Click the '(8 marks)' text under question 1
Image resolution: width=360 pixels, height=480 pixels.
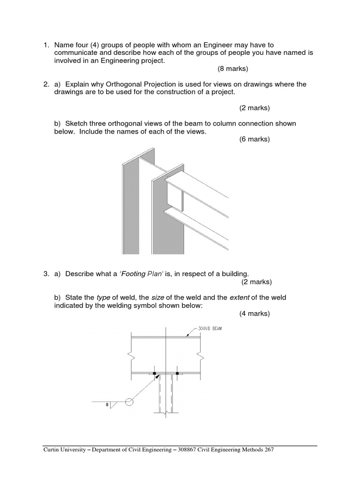[x=232, y=69]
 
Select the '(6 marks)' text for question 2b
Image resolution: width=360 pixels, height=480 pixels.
[x=255, y=140]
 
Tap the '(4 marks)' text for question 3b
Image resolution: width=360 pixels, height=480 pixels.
[x=255, y=314]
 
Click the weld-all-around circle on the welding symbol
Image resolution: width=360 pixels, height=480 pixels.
[x=129, y=402]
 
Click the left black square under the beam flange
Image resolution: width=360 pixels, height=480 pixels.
[x=154, y=374]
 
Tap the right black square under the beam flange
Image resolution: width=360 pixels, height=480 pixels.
[x=177, y=374]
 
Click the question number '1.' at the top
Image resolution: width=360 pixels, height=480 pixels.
[x=46, y=45]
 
